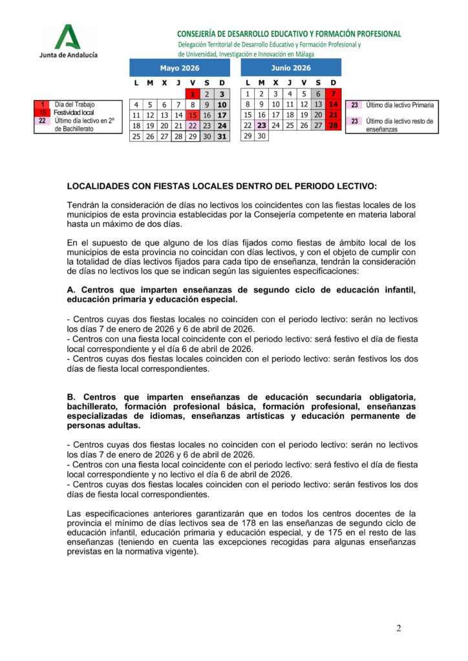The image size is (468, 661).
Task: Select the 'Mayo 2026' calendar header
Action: point(180,68)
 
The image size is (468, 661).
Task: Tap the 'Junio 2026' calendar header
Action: point(291,68)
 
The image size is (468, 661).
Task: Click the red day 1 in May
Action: point(193,94)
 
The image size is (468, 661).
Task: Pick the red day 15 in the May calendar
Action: point(193,115)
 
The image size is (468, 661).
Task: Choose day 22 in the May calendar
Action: point(193,126)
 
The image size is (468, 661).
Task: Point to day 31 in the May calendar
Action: point(222,136)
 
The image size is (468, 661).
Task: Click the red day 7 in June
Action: point(334,94)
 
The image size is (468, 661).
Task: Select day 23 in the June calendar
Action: point(262,126)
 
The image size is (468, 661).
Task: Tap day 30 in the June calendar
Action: point(262,136)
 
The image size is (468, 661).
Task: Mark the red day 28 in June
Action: point(334,126)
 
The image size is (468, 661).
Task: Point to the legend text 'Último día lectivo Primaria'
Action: point(400,105)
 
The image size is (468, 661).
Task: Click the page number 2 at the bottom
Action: point(398,629)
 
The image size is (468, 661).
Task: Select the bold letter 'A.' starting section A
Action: point(72,290)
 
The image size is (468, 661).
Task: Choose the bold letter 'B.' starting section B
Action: point(72,396)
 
